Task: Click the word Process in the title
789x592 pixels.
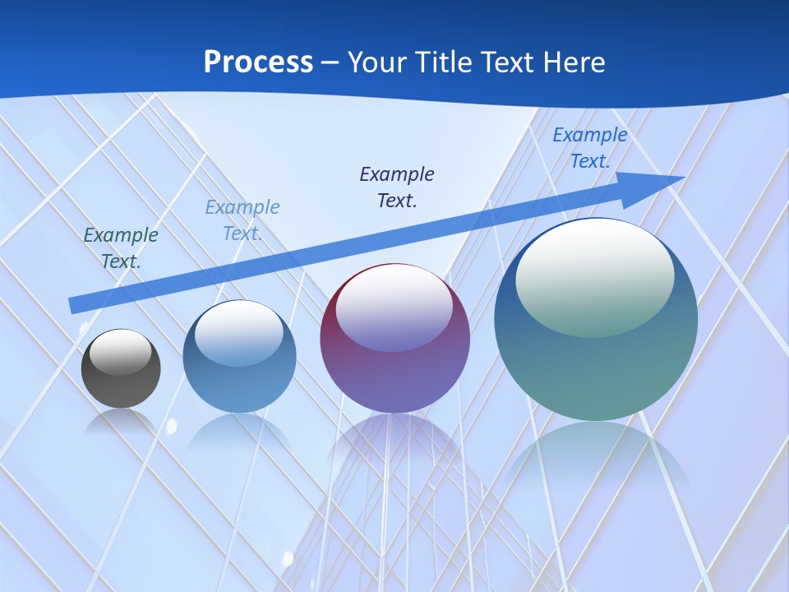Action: coord(258,62)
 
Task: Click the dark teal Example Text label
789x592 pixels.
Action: coord(121,247)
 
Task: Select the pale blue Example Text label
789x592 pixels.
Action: coord(242,220)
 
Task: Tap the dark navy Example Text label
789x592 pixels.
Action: coord(397,187)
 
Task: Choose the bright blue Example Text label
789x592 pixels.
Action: coord(589,148)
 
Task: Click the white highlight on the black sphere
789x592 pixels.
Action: coord(120,352)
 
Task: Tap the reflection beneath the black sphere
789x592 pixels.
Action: coord(121,421)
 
